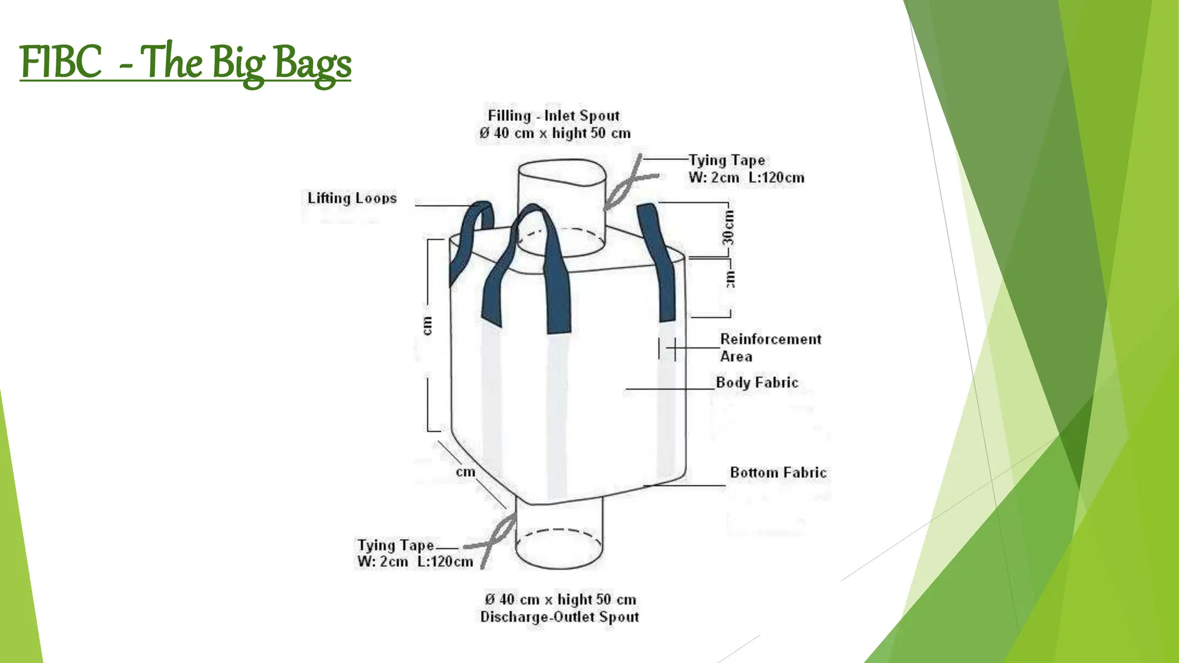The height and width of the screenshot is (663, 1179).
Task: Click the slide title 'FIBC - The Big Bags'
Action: point(185,63)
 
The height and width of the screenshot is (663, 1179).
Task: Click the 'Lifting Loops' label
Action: point(352,199)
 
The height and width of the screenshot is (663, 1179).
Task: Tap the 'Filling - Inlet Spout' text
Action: point(554,116)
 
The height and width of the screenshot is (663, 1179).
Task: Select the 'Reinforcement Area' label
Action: point(770,348)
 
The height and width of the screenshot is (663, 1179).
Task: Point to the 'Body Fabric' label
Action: point(757,383)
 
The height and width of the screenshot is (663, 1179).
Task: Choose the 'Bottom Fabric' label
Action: point(778,473)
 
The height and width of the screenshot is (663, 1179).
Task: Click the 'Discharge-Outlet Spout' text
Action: point(560,617)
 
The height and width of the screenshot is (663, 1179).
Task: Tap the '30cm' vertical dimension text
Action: point(729,227)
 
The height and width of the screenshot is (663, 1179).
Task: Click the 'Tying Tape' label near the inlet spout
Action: point(727,160)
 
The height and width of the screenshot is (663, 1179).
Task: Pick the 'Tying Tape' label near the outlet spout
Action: point(395,545)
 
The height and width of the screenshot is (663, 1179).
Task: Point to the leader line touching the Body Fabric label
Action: point(670,389)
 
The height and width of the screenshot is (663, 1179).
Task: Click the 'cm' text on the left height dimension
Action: point(427,326)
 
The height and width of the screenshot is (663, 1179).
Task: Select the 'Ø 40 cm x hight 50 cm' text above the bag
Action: point(555,134)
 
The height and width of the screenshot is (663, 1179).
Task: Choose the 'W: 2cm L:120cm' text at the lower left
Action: point(415,562)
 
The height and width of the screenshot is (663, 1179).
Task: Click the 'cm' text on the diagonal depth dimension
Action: point(466,473)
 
